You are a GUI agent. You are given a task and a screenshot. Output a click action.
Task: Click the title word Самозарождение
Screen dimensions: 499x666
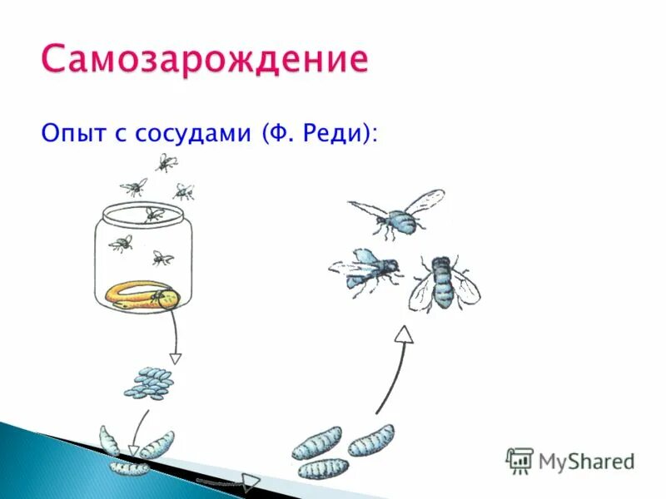tap(204, 61)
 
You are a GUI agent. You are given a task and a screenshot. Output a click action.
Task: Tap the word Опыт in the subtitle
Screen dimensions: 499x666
tap(72, 133)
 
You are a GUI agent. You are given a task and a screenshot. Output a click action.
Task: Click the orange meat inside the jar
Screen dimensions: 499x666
tap(142, 294)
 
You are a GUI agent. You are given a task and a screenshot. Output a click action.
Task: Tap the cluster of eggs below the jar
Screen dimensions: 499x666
tap(150, 383)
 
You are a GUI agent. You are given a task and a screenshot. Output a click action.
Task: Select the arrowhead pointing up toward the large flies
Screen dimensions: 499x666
tap(404, 334)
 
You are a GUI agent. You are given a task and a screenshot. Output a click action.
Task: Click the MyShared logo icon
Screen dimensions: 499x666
tap(519, 460)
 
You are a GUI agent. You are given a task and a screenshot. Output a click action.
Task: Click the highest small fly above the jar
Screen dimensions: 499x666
tap(165, 161)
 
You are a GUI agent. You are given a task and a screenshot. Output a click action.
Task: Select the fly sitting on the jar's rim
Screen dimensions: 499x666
tap(152, 215)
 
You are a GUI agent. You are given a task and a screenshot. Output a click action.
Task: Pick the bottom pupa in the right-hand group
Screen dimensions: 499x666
tap(323, 468)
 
